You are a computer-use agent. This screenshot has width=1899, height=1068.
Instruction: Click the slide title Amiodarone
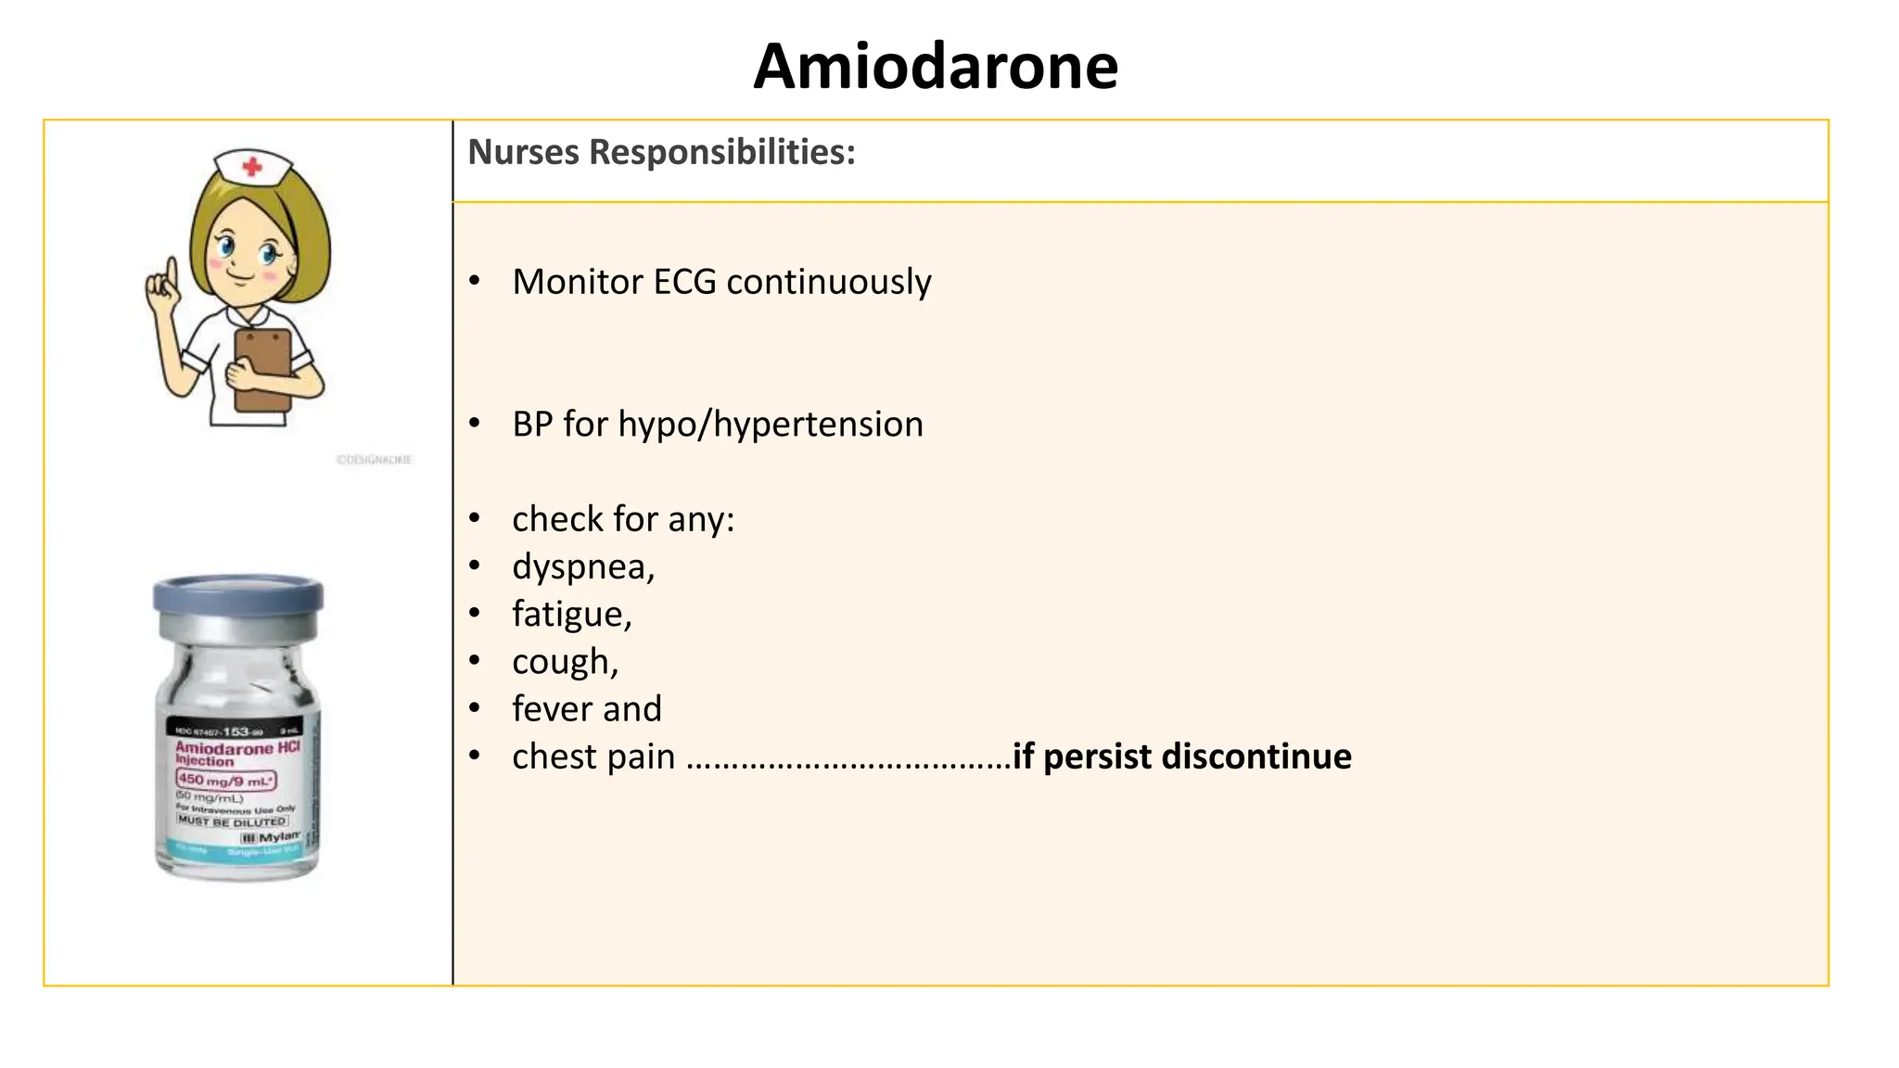pyautogui.click(x=936, y=67)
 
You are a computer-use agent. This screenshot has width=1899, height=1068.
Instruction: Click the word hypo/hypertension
pyautogui.click(x=771, y=425)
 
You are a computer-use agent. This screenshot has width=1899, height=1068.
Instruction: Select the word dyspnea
pyautogui.click(x=581, y=566)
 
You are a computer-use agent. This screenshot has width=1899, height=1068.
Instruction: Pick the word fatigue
pyautogui.click(x=570, y=615)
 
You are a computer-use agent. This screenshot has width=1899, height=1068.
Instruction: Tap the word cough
pyautogui.click(x=563, y=662)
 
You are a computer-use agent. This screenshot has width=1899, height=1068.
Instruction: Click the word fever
pyautogui.click(x=552, y=709)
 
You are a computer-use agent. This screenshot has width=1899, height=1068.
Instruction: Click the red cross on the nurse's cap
pyautogui.click(x=251, y=168)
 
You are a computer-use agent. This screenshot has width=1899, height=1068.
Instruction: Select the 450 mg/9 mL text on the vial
pyautogui.click(x=226, y=781)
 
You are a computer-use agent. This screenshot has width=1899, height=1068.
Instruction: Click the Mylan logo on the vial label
pyautogui.click(x=274, y=837)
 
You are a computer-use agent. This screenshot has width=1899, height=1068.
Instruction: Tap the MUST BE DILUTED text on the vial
pyautogui.click(x=232, y=821)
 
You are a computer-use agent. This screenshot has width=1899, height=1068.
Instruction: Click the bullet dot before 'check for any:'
pyautogui.click(x=475, y=519)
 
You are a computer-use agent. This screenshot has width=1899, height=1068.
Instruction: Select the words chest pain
pyautogui.click(x=593, y=756)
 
